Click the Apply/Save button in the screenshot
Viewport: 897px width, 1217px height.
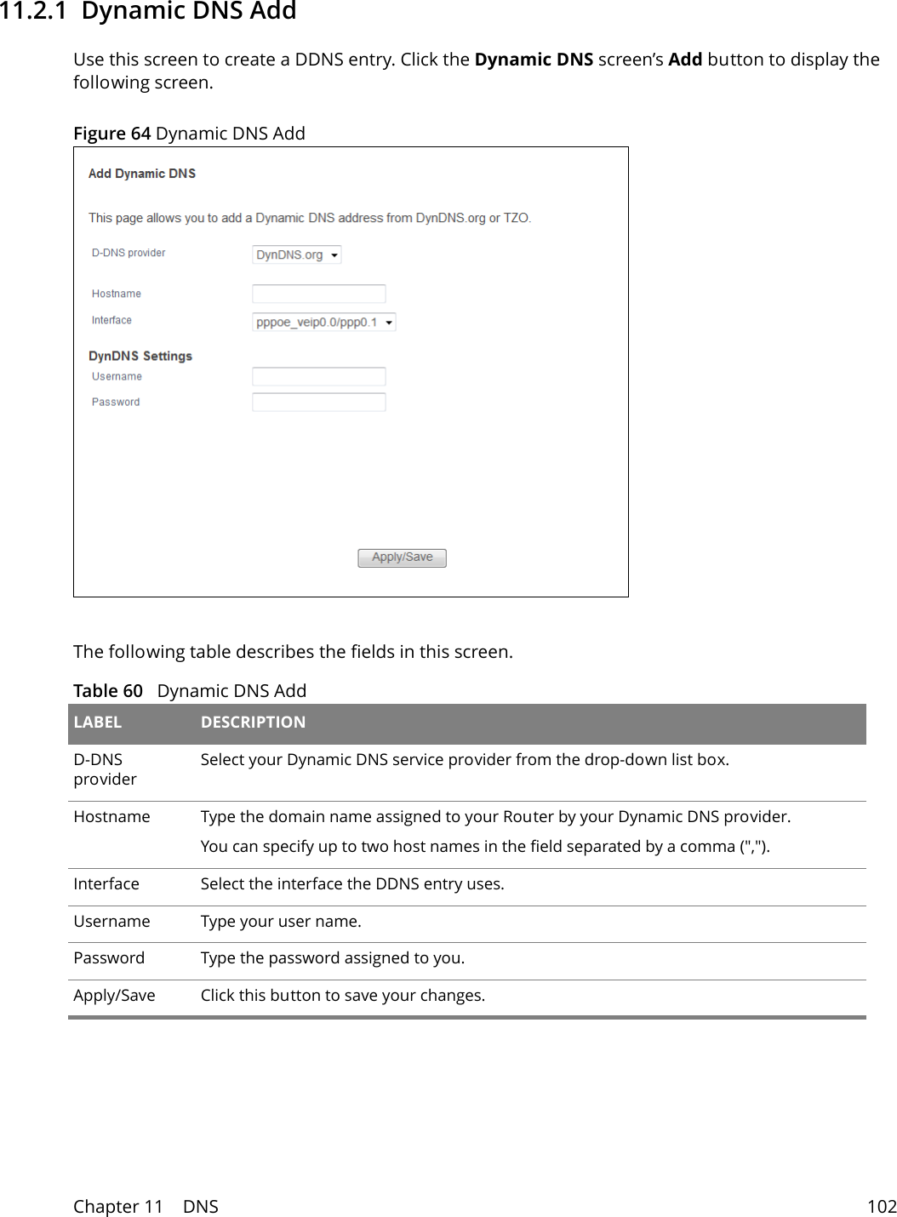pyautogui.click(x=402, y=557)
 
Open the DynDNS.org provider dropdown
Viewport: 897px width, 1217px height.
pyautogui.click(x=297, y=254)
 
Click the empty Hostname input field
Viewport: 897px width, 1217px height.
pyautogui.click(x=319, y=294)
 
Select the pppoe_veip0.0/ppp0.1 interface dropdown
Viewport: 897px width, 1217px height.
pyautogui.click(x=323, y=322)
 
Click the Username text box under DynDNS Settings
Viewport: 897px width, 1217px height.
pyautogui.click(x=319, y=376)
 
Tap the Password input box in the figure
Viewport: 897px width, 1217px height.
pyautogui.click(x=319, y=402)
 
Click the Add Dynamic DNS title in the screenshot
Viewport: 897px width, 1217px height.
pyautogui.click(x=142, y=174)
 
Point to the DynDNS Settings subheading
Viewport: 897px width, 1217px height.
pyautogui.click(x=140, y=356)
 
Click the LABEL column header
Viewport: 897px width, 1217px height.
pyautogui.click(x=98, y=723)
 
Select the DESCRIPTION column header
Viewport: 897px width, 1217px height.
pyautogui.click(x=253, y=723)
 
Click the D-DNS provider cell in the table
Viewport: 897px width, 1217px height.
pyautogui.click(x=105, y=769)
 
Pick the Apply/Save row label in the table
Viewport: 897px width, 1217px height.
pyautogui.click(x=114, y=996)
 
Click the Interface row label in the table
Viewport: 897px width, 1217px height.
pyautogui.click(x=106, y=884)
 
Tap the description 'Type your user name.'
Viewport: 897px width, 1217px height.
pyautogui.click(x=281, y=922)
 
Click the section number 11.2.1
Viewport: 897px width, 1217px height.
pyautogui.click(x=32, y=12)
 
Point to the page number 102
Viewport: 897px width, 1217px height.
pyautogui.click(x=881, y=1207)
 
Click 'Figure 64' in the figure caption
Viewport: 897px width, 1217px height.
pyautogui.click(x=111, y=134)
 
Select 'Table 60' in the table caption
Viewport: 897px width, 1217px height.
pyautogui.click(x=108, y=691)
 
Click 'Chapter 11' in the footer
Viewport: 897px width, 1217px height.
pyautogui.click(x=117, y=1207)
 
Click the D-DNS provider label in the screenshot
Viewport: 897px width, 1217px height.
pyautogui.click(x=129, y=253)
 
